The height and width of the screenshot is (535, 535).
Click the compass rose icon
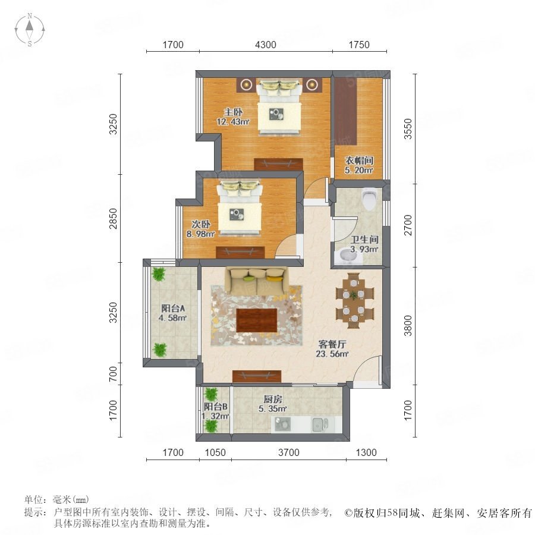(30, 30)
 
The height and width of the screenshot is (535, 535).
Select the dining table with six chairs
(355, 301)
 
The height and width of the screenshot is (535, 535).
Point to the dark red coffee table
(257, 320)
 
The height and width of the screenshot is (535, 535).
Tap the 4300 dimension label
(266, 45)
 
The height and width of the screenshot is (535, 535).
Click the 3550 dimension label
(408, 129)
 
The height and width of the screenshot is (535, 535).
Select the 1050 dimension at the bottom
(215, 452)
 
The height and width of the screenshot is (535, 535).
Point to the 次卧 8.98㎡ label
(201, 229)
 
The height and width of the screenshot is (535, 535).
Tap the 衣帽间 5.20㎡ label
(359, 165)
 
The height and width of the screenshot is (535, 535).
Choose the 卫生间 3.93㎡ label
(364, 244)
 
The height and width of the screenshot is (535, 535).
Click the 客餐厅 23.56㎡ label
(332, 349)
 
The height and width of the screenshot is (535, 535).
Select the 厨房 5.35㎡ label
(273, 404)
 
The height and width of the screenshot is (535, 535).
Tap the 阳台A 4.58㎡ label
(173, 313)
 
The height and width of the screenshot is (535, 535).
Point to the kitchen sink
(320, 424)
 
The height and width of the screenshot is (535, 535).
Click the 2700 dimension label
(408, 225)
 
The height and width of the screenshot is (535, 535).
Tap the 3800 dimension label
(408, 326)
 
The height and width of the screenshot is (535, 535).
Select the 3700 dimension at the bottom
(289, 452)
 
